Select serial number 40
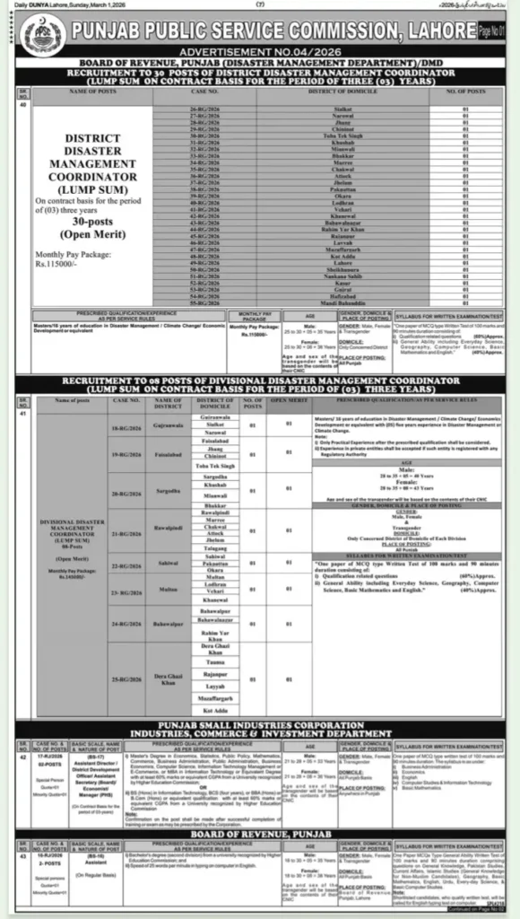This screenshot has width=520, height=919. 11,103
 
